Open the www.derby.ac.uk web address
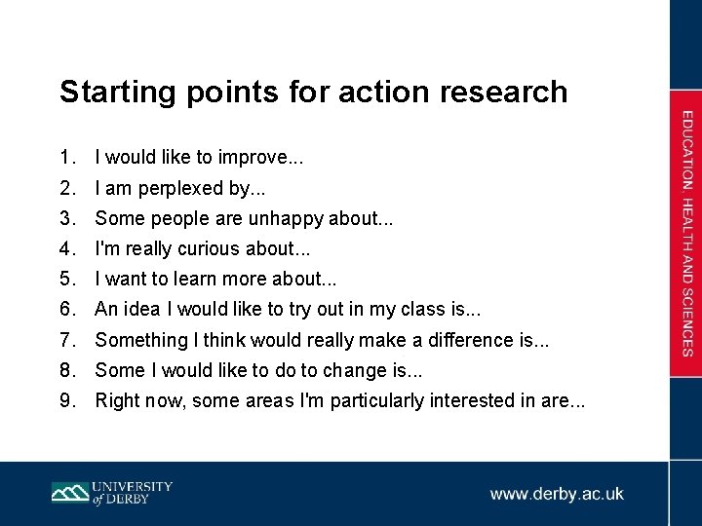[557, 494]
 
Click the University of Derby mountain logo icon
[69, 493]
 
